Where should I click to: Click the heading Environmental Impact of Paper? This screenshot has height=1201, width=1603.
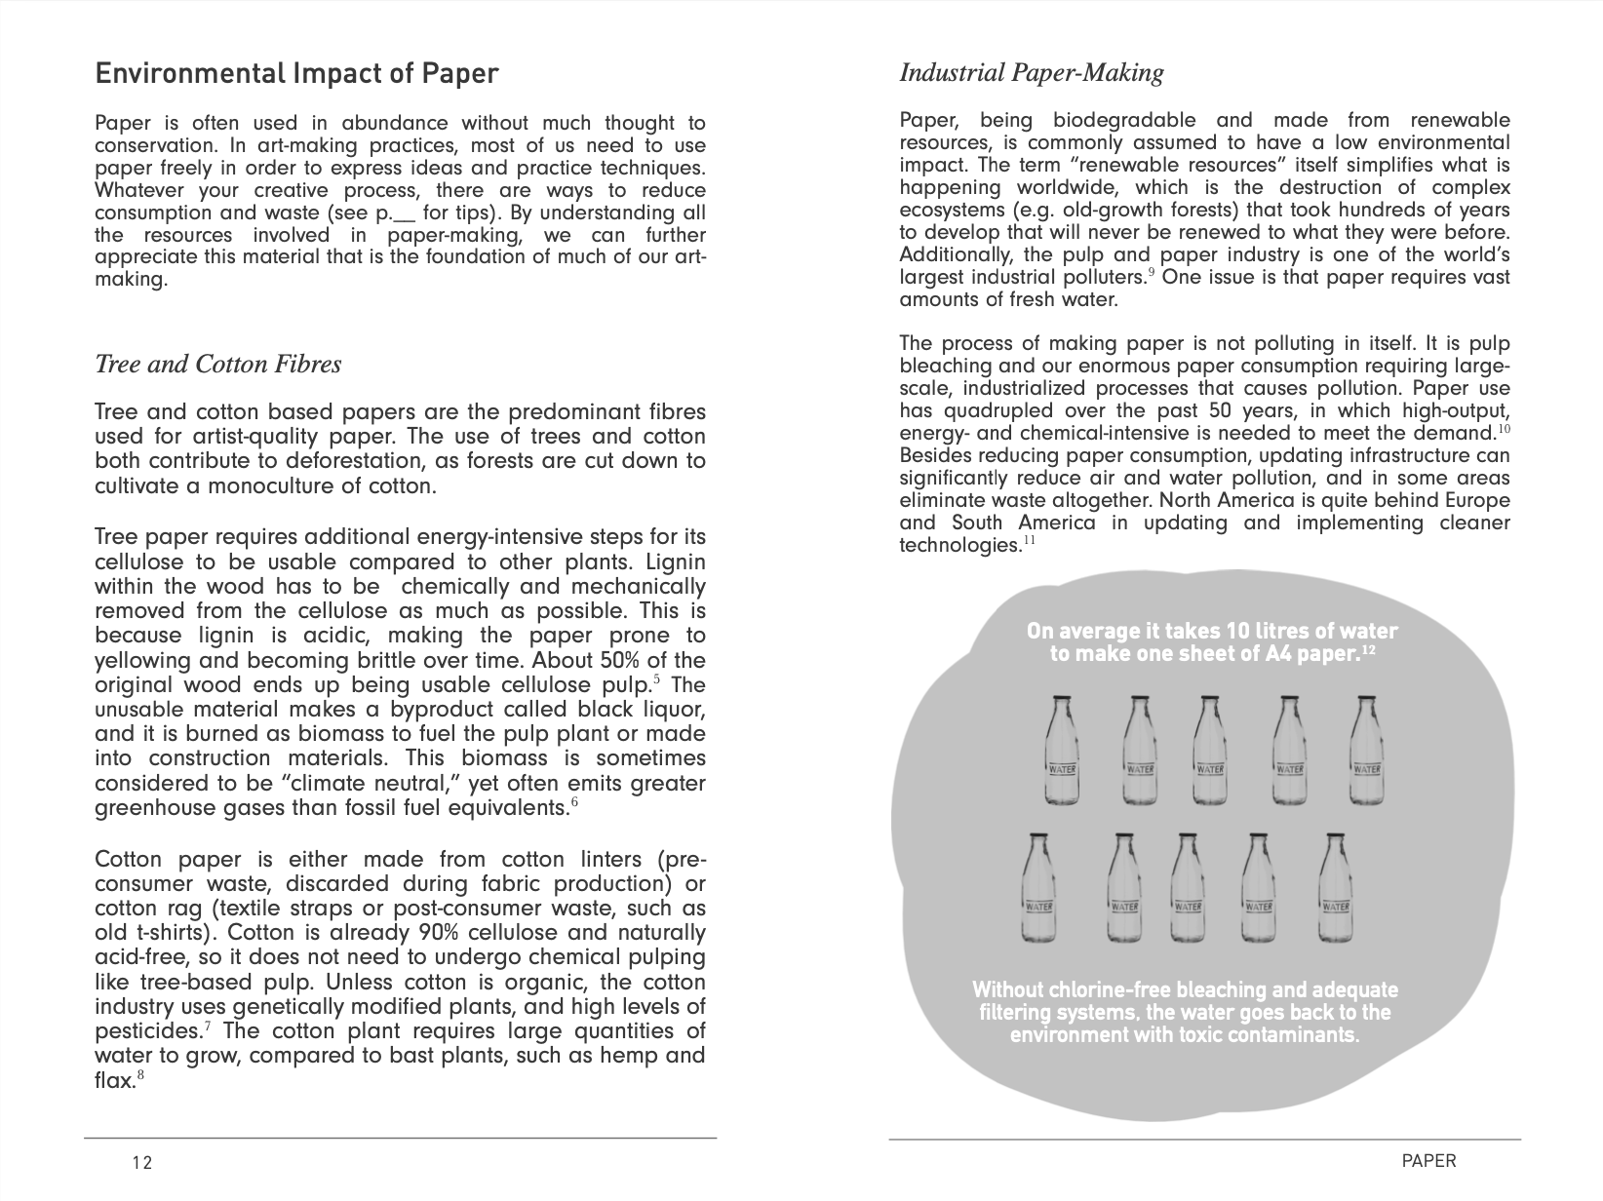pyautogui.click(x=296, y=74)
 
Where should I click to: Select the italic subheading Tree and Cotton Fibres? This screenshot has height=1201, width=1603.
pyautogui.click(x=217, y=365)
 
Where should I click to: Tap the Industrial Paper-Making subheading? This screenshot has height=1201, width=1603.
pyautogui.click(x=1031, y=73)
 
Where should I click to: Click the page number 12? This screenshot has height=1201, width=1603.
pyautogui.click(x=142, y=1163)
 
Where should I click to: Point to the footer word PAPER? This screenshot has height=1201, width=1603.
pyautogui.click(x=1427, y=1161)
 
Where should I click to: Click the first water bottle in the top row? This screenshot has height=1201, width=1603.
pyautogui.click(x=1061, y=751)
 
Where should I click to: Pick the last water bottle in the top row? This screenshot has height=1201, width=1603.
pyautogui.click(x=1367, y=751)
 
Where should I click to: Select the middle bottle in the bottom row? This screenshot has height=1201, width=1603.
pyautogui.click(x=1187, y=886)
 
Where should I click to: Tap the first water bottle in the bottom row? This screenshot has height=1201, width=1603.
pyautogui.click(x=1037, y=886)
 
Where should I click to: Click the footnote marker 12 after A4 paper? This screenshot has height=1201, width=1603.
pyautogui.click(x=1368, y=648)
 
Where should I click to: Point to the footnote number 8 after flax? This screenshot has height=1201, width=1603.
pyautogui.click(x=140, y=1075)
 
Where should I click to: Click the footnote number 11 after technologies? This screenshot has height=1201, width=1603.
pyautogui.click(x=1029, y=540)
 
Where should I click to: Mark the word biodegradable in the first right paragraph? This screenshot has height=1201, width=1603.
pyautogui.click(x=1124, y=121)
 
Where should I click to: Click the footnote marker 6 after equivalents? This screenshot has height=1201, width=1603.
pyautogui.click(x=574, y=803)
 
